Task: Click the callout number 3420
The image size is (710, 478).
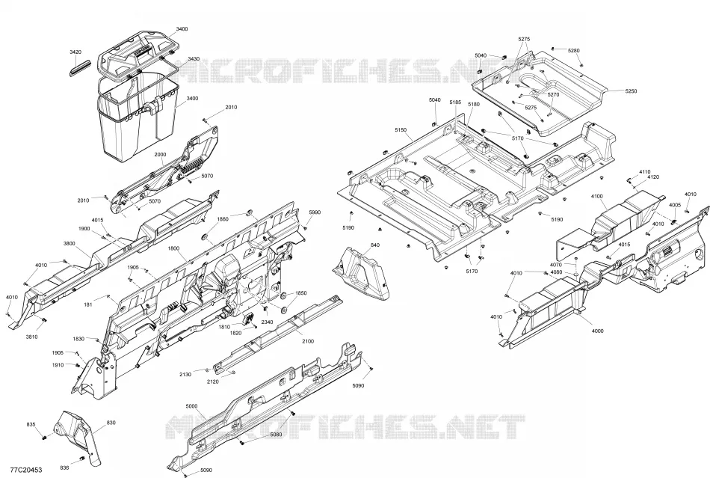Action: (x=75, y=52)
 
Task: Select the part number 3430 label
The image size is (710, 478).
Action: (x=194, y=59)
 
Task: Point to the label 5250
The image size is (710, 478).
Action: (x=631, y=91)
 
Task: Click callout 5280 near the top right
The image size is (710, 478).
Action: (x=573, y=51)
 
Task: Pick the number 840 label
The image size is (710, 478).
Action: (x=375, y=245)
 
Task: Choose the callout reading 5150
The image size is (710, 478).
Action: (x=401, y=130)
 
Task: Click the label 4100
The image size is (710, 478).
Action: (x=597, y=196)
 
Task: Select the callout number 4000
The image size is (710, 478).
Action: (x=597, y=331)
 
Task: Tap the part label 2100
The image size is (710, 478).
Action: (x=307, y=341)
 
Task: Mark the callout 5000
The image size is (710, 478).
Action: (x=192, y=406)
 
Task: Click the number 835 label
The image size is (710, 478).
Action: (x=31, y=425)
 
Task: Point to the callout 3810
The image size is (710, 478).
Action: (x=31, y=337)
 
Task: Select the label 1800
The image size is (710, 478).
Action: (x=173, y=248)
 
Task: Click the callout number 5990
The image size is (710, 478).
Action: (x=315, y=212)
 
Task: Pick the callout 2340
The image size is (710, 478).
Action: (x=267, y=322)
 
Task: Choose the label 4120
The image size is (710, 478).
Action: (x=653, y=177)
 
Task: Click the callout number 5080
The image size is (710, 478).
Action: (x=276, y=435)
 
